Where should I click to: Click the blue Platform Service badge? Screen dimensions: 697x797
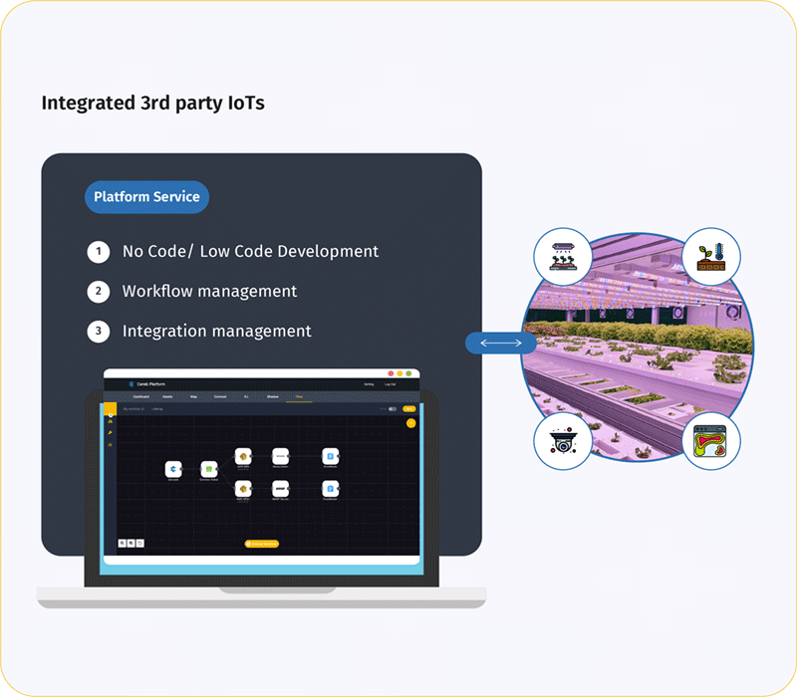(146, 197)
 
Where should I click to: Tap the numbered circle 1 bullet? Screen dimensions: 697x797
(98, 252)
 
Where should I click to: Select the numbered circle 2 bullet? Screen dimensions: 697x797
(98, 292)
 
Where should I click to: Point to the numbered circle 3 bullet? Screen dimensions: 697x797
(98, 332)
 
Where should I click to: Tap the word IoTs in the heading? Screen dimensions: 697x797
(244, 103)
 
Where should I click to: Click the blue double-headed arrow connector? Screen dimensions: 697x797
(500, 344)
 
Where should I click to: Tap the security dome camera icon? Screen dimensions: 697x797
(563, 442)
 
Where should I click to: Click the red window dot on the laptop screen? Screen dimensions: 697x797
(393, 373)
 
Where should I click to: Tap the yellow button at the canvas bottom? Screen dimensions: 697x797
(262, 544)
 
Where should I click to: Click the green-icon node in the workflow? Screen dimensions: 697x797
(208, 468)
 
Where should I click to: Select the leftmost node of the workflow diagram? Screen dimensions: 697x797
(173, 468)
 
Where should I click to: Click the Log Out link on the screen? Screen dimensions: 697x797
(392, 384)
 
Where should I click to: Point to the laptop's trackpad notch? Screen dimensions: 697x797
(262, 589)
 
